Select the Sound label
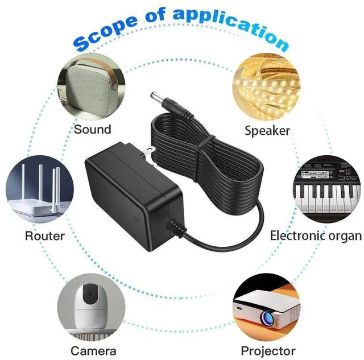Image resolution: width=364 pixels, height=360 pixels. tap(92, 129)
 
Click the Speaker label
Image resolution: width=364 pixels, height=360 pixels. tap(267, 130)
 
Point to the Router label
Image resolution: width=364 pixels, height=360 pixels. tap(45, 235)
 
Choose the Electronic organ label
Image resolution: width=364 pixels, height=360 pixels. tap(316, 235)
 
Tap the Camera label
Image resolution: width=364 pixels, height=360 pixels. tap(93, 350)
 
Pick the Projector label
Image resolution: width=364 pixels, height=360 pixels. tap(268, 350)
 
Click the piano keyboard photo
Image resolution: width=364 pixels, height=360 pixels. tap(326, 191)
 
